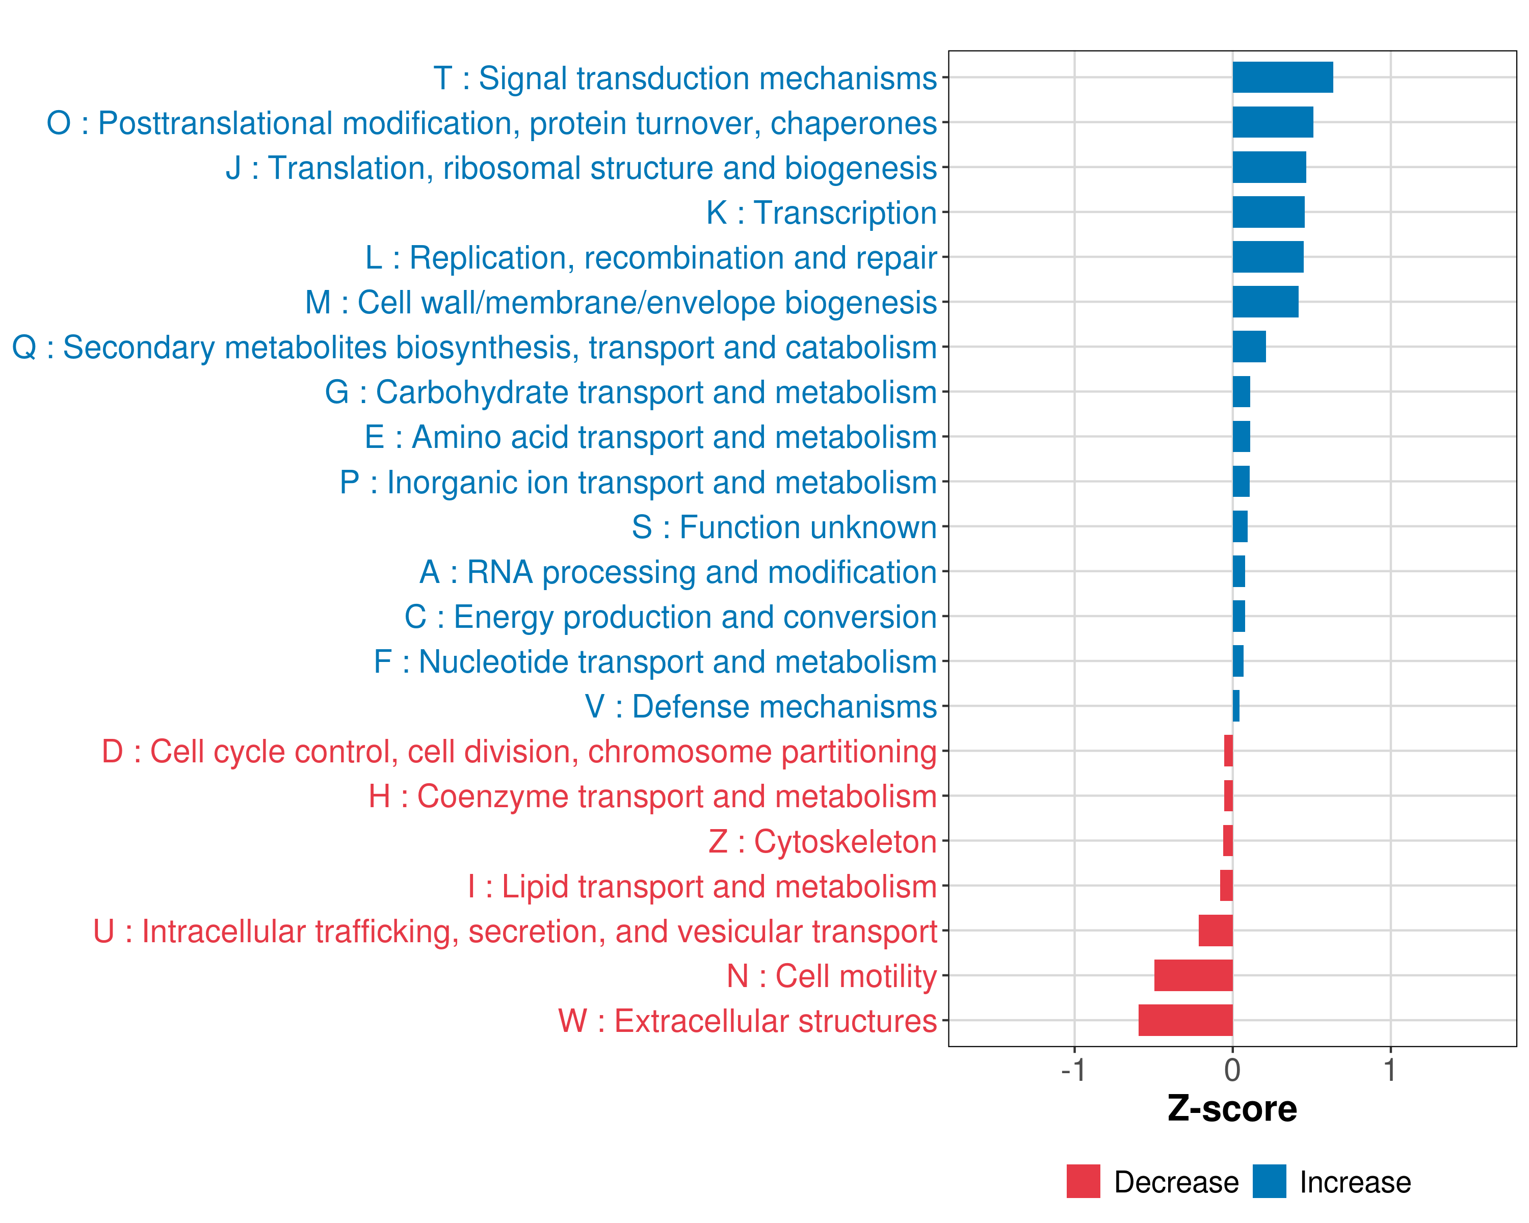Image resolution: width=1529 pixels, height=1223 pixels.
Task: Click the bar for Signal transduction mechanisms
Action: click(x=1282, y=77)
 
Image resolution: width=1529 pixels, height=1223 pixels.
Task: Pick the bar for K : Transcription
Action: click(x=1268, y=212)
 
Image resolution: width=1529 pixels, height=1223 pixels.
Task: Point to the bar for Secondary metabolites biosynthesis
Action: click(x=1249, y=347)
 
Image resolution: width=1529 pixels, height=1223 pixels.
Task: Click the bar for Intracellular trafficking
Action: click(x=1215, y=930)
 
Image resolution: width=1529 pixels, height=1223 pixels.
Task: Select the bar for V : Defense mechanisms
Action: click(x=1236, y=706)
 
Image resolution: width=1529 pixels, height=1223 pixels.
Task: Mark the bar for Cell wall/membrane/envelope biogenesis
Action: click(x=1265, y=302)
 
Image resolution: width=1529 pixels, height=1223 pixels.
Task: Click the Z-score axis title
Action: click(x=1232, y=1109)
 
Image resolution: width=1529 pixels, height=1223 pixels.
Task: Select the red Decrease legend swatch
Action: click(x=1083, y=1181)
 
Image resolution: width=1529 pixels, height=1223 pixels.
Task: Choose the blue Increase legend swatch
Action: click(x=1269, y=1181)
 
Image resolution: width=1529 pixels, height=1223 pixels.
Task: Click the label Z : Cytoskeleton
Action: click(x=823, y=841)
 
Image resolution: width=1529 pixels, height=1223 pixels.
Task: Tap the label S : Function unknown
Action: click(x=784, y=527)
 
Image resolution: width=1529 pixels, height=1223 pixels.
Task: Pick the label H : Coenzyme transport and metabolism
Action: click(x=652, y=796)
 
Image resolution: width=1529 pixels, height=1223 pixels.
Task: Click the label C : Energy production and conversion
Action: click(x=670, y=617)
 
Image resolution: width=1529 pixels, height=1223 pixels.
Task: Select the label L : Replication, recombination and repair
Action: click(x=651, y=257)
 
